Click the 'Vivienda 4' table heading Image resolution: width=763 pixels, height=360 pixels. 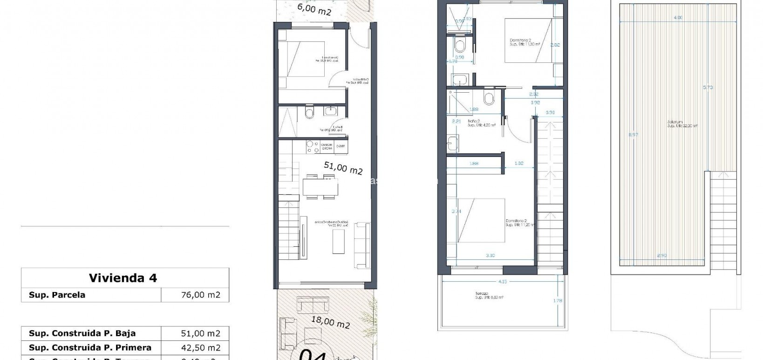point(123,278)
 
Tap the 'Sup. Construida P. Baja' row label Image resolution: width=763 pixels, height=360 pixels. point(82,333)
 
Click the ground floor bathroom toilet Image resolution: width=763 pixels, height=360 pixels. point(310,113)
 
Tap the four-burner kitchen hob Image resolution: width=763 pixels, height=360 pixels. point(312,148)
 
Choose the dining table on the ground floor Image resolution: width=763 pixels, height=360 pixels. point(320,187)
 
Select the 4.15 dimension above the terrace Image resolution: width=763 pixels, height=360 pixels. point(502,281)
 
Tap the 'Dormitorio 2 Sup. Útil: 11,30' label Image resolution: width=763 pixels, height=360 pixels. point(524,42)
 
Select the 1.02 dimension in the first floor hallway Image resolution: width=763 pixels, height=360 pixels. point(519,163)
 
